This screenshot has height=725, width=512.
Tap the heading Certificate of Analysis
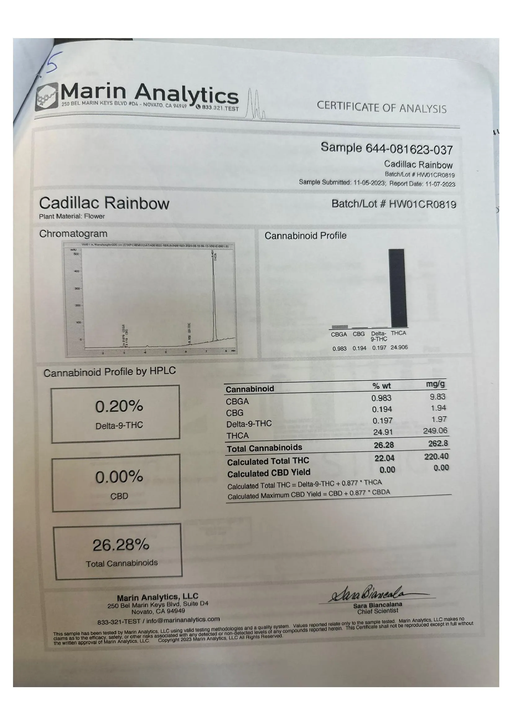pos(381,107)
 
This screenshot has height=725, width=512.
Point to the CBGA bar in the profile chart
pos(340,327)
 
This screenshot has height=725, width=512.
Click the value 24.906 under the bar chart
pos(399,347)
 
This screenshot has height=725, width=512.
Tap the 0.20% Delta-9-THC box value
pos(119,407)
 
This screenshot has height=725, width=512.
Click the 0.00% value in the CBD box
pos(119,477)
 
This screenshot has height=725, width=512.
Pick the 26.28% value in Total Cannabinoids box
pos(121,545)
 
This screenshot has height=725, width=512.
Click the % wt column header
pos(381,386)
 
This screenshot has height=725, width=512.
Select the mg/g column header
pos(436,384)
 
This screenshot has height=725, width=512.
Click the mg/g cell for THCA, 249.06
pos(435,431)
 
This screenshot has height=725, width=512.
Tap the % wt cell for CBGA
pos(381,398)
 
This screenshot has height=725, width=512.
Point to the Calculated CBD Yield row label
pos(269,473)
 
